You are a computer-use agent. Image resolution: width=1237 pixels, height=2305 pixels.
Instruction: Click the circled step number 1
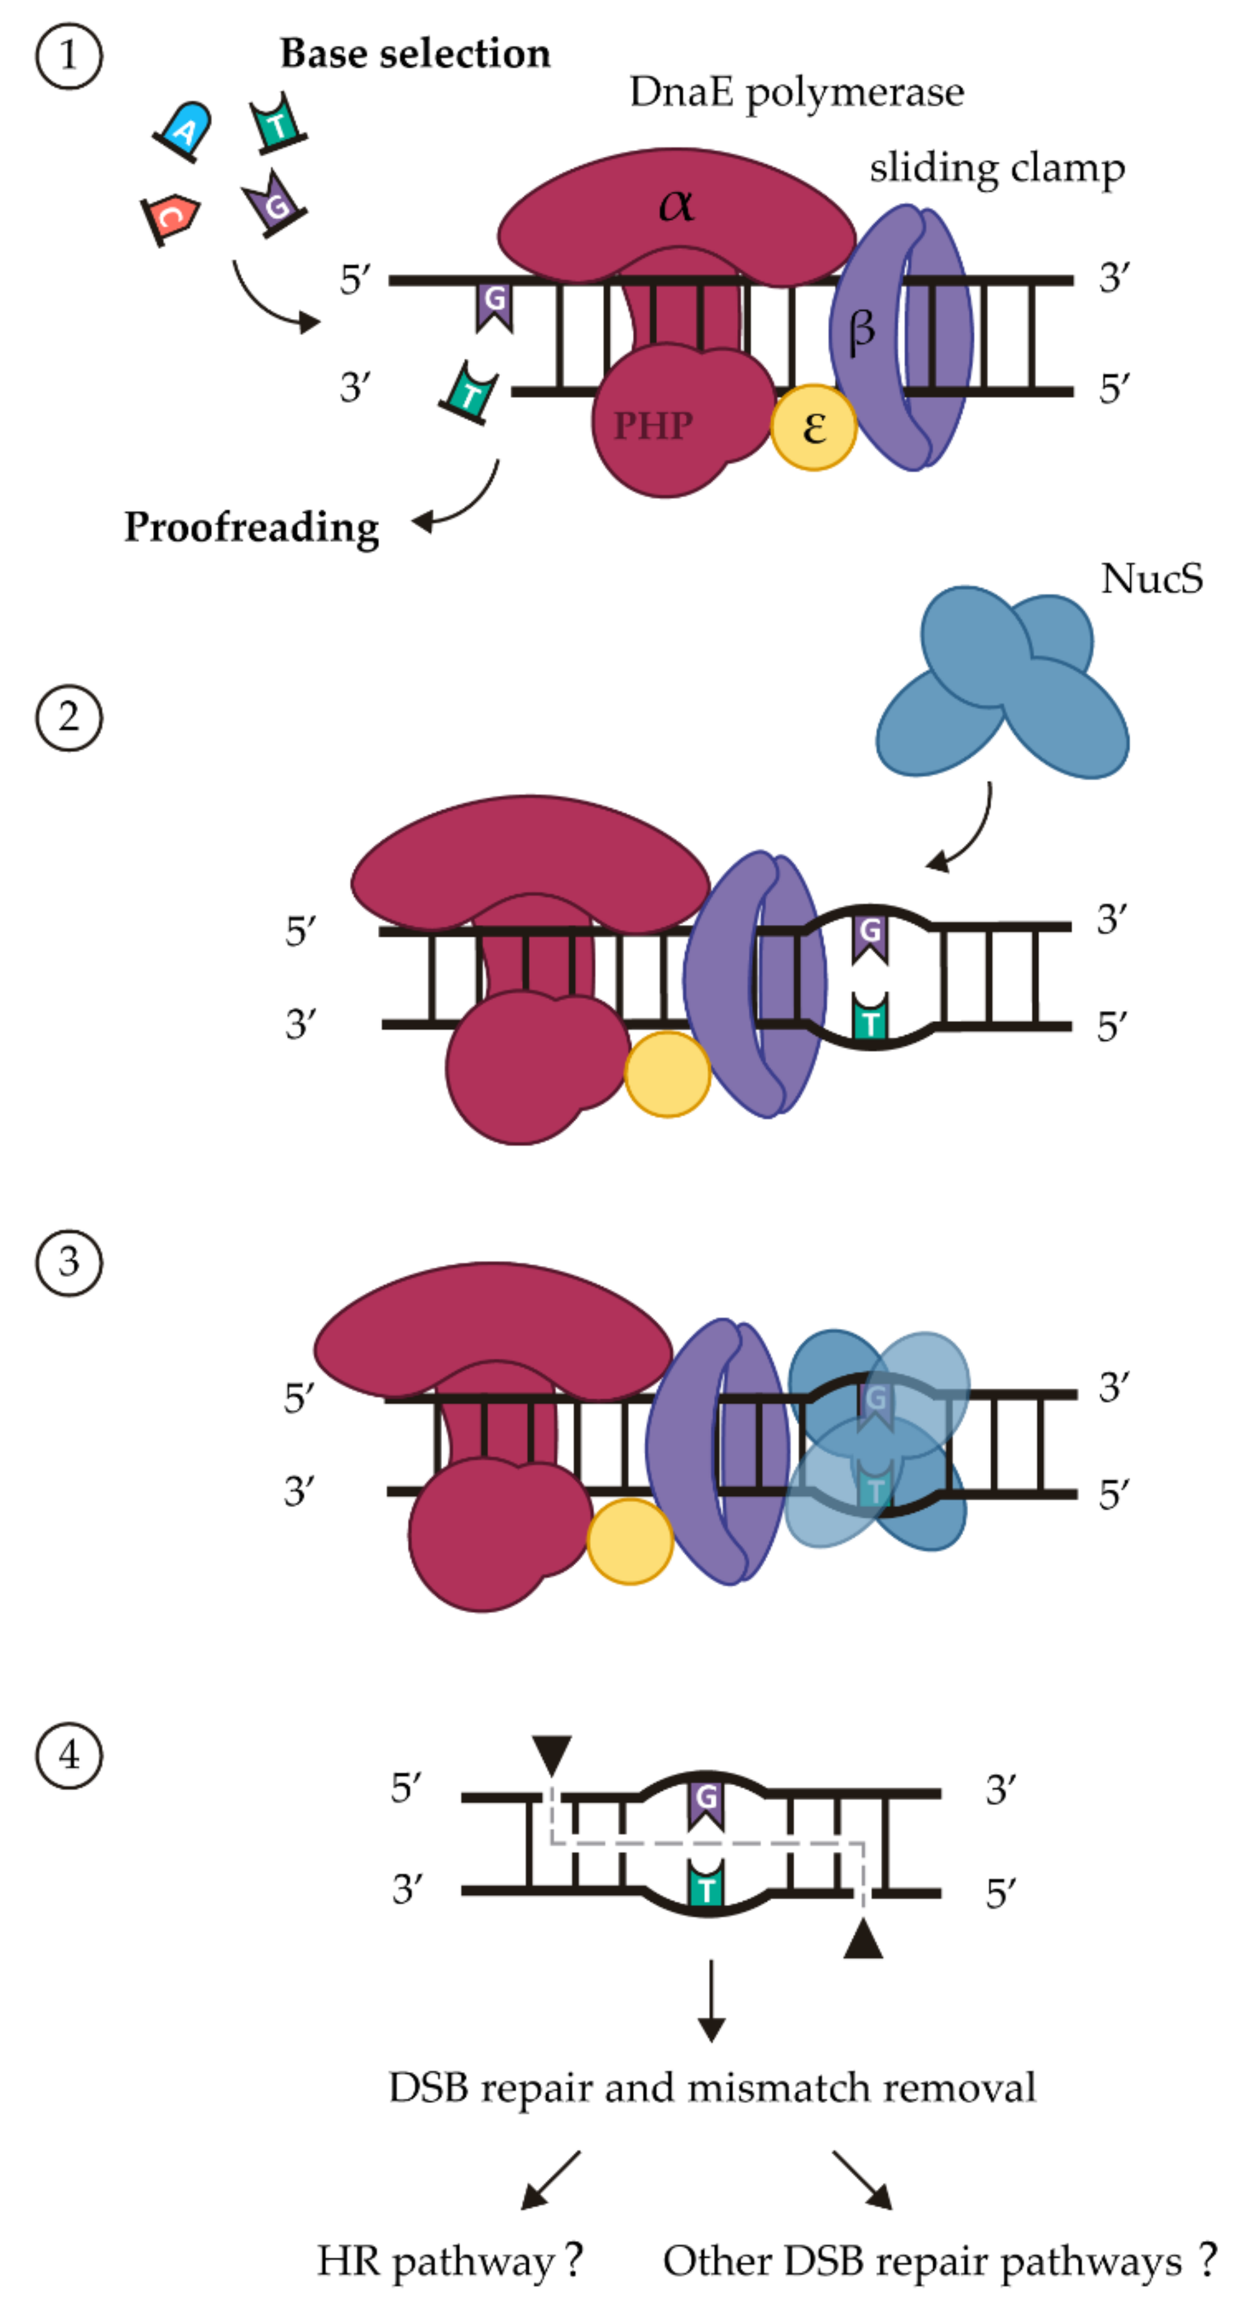coord(69,56)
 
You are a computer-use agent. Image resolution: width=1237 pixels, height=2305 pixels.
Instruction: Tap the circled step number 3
coord(69,1262)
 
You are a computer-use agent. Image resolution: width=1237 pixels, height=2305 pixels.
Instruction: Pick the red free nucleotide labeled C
coord(171,217)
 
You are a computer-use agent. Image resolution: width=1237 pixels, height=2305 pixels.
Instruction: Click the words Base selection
coord(415,54)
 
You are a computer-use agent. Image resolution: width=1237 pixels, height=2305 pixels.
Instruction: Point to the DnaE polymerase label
coord(796,92)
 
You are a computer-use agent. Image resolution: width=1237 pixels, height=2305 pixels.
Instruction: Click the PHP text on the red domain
coord(653,426)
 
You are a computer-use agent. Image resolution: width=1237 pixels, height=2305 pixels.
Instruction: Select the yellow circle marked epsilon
coord(814,428)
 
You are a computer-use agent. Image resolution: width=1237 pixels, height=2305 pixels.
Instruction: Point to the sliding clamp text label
coord(996,168)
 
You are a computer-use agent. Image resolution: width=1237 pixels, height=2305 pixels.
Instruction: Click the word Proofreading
coord(251,527)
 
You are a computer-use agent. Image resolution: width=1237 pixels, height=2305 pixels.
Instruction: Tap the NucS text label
coord(1151,579)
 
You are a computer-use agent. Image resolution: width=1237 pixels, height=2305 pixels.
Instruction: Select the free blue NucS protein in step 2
coord(1002,685)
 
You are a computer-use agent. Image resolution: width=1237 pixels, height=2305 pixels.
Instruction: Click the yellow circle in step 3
coord(630,1542)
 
